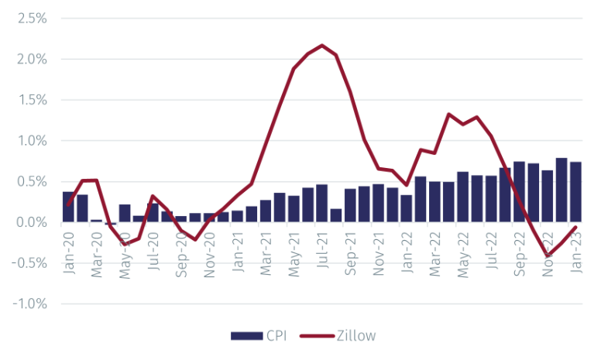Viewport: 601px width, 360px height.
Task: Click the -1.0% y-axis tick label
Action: click(29, 304)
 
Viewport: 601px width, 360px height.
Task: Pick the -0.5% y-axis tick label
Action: click(29, 263)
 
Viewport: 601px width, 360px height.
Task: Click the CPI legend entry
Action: click(256, 335)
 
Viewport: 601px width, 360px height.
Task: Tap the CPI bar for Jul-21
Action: click(321, 204)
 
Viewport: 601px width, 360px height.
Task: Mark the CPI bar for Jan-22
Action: click(406, 208)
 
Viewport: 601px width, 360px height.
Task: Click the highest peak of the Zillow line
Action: click(321, 45)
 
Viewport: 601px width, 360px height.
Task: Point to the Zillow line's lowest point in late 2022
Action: click(548, 255)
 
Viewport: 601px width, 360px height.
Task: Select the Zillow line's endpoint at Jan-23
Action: click(575, 227)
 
